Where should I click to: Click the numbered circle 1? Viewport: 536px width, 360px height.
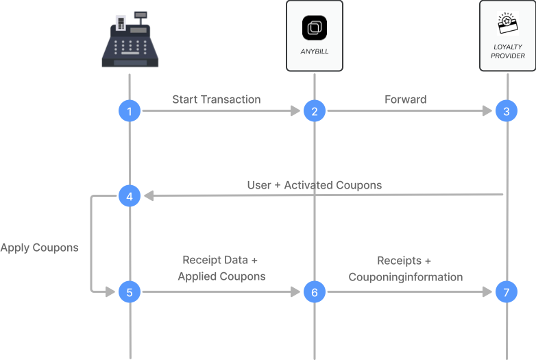[x=130, y=111]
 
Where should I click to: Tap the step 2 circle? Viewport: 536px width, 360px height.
[x=315, y=111]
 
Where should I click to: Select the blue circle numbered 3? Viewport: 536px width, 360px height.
[x=507, y=111]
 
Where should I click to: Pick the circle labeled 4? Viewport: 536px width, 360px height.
[x=130, y=197]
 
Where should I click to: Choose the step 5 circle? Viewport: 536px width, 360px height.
[x=130, y=292]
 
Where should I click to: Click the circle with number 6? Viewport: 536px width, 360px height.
[x=315, y=292]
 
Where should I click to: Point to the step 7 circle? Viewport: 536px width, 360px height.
[x=507, y=292]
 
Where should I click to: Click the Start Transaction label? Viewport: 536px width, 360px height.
[x=216, y=99]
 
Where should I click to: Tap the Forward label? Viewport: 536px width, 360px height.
[x=405, y=99]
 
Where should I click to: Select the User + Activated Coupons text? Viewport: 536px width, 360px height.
[x=315, y=185]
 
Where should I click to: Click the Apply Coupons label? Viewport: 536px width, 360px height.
[x=39, y=248]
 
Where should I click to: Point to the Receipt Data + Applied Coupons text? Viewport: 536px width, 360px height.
[x=221, y=268]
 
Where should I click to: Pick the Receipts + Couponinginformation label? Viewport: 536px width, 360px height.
[x=405, y=269]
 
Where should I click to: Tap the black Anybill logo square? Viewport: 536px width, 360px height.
[x=315, y=28]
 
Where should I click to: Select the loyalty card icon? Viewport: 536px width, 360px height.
[x=508, y=24]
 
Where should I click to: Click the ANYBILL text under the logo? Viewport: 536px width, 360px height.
[x=315, y=51]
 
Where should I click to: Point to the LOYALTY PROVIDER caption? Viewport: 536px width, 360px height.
[x=508, y=51]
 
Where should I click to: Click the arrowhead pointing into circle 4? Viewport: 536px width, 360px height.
[x=147, y=197]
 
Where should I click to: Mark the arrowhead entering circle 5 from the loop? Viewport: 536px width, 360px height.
[x=111, y=292]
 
